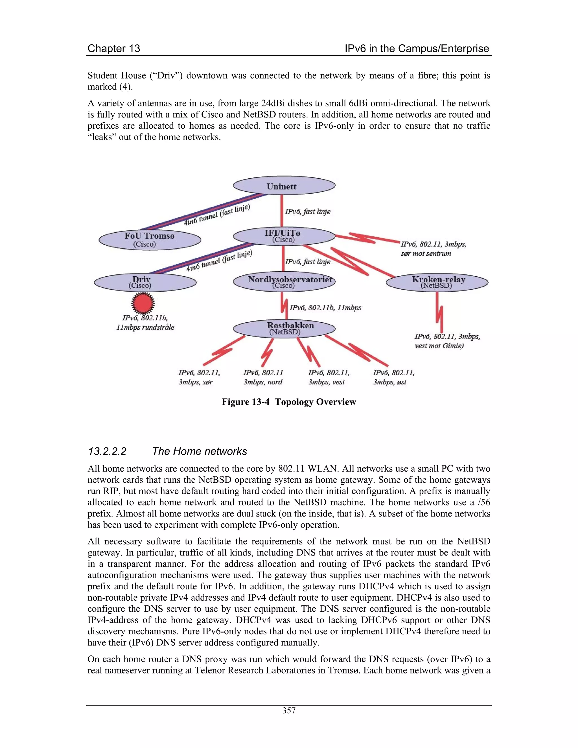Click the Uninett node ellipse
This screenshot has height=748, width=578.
pyautogui.click(x=284, y=186)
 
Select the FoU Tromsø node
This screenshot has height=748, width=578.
pyautogui.click(x=150, y=239)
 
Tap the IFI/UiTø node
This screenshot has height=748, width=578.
pyautogui.click(x=284, y=236)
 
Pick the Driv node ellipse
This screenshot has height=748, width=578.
pyautogui.click(x=145, y=282)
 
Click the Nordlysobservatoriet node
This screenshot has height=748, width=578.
pyautogui.click(x=284, y=282)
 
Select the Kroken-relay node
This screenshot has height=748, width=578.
pyautogui.click(x=437, y=282)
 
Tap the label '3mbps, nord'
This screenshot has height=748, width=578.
pyautogui.click(x=263, y=382)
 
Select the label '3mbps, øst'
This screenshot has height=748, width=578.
pyautogui.click(x=390, y=382)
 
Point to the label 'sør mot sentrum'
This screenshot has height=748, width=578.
pyautogui.click(x=426, y=253)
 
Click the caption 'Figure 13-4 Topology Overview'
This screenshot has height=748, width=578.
pyautogui.click(x=289, y=402)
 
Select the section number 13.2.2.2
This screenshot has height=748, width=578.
pyautogui.click(x=107, y=451)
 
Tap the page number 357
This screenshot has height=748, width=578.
pyautogui.click(x=289, y=710)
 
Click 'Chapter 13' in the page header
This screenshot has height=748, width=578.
pyautogui.click(x=114, y=48)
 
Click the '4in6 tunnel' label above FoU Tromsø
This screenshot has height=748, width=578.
pyautogui.click(x=217, y=215)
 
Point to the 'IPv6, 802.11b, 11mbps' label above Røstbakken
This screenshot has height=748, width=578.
pyautogui.click(x=325, y=308)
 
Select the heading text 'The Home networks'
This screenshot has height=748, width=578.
pyautogui.click(x=199, y=451)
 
